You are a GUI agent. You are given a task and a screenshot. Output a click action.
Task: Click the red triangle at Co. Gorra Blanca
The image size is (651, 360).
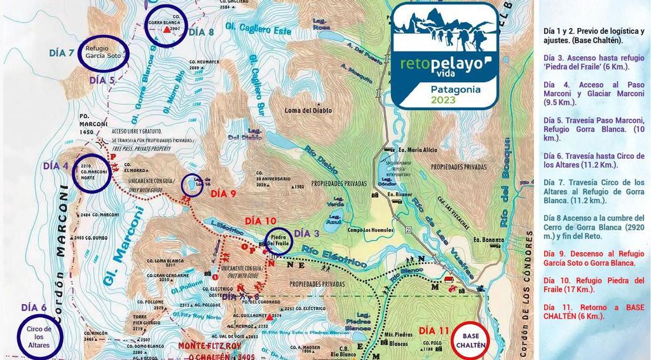point(167,29)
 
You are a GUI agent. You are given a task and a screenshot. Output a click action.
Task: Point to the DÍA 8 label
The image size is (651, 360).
point(202,32)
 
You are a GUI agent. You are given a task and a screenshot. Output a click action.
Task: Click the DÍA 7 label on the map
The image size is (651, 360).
point(62,53)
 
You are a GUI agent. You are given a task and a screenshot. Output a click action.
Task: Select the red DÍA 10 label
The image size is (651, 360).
point(261,220)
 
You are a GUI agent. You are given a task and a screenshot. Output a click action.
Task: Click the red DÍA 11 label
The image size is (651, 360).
point(435,331)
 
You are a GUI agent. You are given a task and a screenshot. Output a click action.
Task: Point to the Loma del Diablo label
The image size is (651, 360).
point(308,110)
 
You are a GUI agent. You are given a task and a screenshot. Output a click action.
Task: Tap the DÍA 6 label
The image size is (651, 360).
point(34,308)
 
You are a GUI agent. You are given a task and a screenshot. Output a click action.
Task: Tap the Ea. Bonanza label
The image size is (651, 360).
point(488,240)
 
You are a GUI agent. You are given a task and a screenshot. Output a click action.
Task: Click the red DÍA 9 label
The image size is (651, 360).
point(223,193)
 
